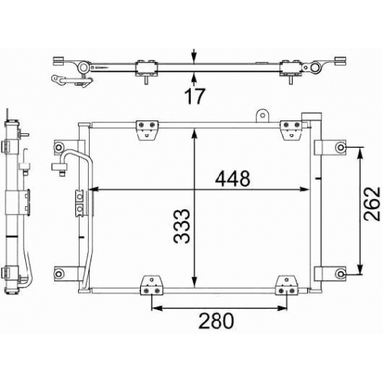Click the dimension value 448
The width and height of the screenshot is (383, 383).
[x=233, y=178]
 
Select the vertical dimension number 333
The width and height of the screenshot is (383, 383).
[x=182, y=226]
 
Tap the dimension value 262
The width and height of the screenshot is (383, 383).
[x=372, y=204]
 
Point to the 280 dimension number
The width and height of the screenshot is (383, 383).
[x=216, y=321]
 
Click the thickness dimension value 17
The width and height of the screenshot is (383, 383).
[x=195, y=96]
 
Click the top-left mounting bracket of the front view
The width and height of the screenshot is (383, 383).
[x=147, y=130]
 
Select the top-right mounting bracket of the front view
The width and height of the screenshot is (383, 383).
[x=291, y=130]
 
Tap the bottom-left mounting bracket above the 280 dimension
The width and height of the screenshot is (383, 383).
[x=152, y=285]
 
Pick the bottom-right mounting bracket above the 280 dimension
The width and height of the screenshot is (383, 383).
[x=286, y=285]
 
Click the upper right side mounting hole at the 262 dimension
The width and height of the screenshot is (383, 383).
[x=341, y=147]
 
